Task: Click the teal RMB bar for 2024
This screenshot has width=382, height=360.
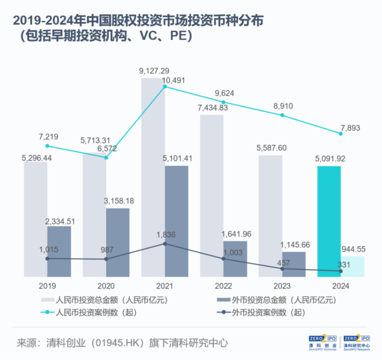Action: click(x=329, y=221)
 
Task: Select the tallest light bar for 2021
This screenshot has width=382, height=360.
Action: click(x=153, y=177)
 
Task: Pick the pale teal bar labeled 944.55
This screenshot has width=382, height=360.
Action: click(x=352, y=266)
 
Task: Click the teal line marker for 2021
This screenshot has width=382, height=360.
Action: click(x=165, y=87)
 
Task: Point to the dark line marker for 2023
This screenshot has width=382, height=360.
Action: click(x=282, y=269)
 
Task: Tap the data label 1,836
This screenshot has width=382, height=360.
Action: click(x=166, y=235)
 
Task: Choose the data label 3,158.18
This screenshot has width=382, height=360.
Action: click(x=118, y=201)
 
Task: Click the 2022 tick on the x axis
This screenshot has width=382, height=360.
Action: click(x=224, y=286)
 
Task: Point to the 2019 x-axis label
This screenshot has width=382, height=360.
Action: click(x=47, y=286)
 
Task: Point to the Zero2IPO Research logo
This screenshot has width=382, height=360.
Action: click(x=357, y=343)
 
